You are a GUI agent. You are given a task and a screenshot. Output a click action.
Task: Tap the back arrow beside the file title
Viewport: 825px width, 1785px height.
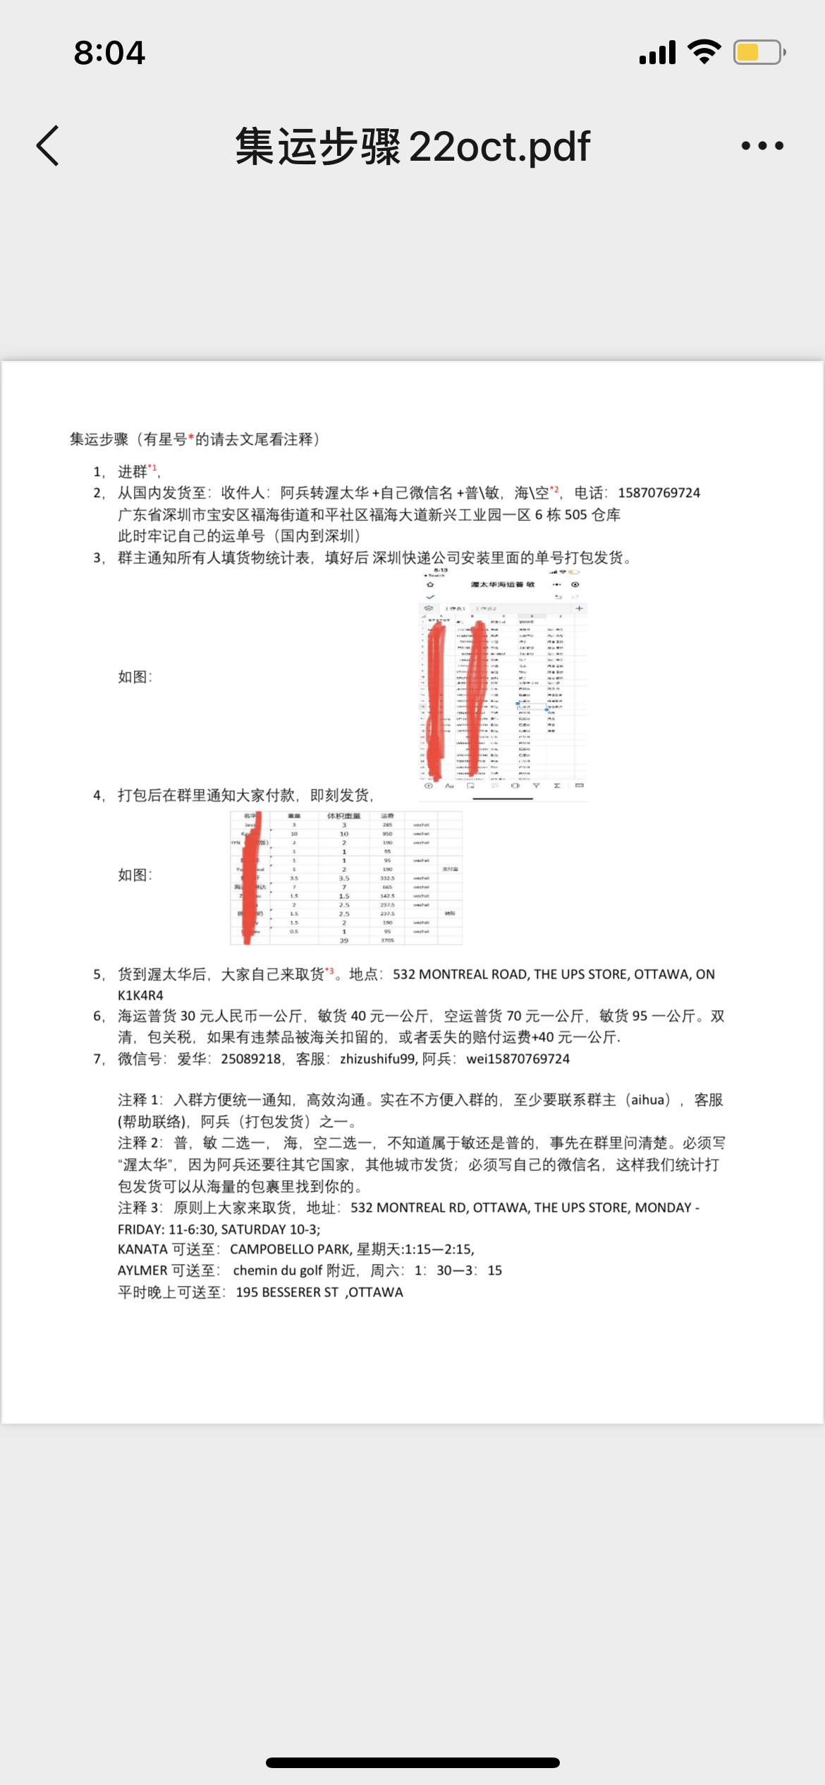click(48, 146)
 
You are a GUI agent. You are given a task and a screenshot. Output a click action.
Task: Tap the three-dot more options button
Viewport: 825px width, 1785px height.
click(762, 146)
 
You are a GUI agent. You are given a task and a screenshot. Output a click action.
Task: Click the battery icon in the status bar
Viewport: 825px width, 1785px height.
click(759, 53)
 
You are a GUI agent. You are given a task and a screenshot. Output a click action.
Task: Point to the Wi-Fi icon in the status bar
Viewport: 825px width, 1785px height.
click(704, 52)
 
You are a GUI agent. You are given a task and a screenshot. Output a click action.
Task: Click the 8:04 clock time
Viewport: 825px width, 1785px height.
click(109, 53)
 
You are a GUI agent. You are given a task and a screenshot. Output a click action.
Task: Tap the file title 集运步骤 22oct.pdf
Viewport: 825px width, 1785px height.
click(412, 147)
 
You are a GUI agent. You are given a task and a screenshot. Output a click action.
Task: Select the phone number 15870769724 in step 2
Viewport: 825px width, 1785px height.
click(659, 493)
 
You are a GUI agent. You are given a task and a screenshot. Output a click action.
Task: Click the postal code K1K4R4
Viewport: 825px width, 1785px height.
click(140, 995)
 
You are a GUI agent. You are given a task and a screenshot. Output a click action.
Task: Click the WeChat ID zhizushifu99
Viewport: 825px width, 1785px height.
click(377, 1059)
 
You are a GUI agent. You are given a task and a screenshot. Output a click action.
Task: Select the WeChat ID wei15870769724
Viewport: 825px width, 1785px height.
click(518, 1059)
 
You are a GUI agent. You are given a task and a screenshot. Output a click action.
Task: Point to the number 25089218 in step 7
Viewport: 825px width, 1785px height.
click(250, 1059)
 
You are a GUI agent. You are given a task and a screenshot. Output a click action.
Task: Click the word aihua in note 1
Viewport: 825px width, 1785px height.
click(647, 1100)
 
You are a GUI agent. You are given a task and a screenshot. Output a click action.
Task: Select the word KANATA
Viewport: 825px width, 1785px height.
click(142, 1249)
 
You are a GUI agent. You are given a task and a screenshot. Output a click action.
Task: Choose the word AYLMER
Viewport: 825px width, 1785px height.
click(142, 1270)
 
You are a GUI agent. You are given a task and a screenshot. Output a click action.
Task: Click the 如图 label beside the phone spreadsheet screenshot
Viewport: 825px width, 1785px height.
click(134, 677)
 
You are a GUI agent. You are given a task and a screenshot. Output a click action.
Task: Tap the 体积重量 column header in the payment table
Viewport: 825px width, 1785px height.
click(343, 816)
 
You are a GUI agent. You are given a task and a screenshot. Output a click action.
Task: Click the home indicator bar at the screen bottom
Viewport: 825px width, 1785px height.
click(412, 1762)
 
